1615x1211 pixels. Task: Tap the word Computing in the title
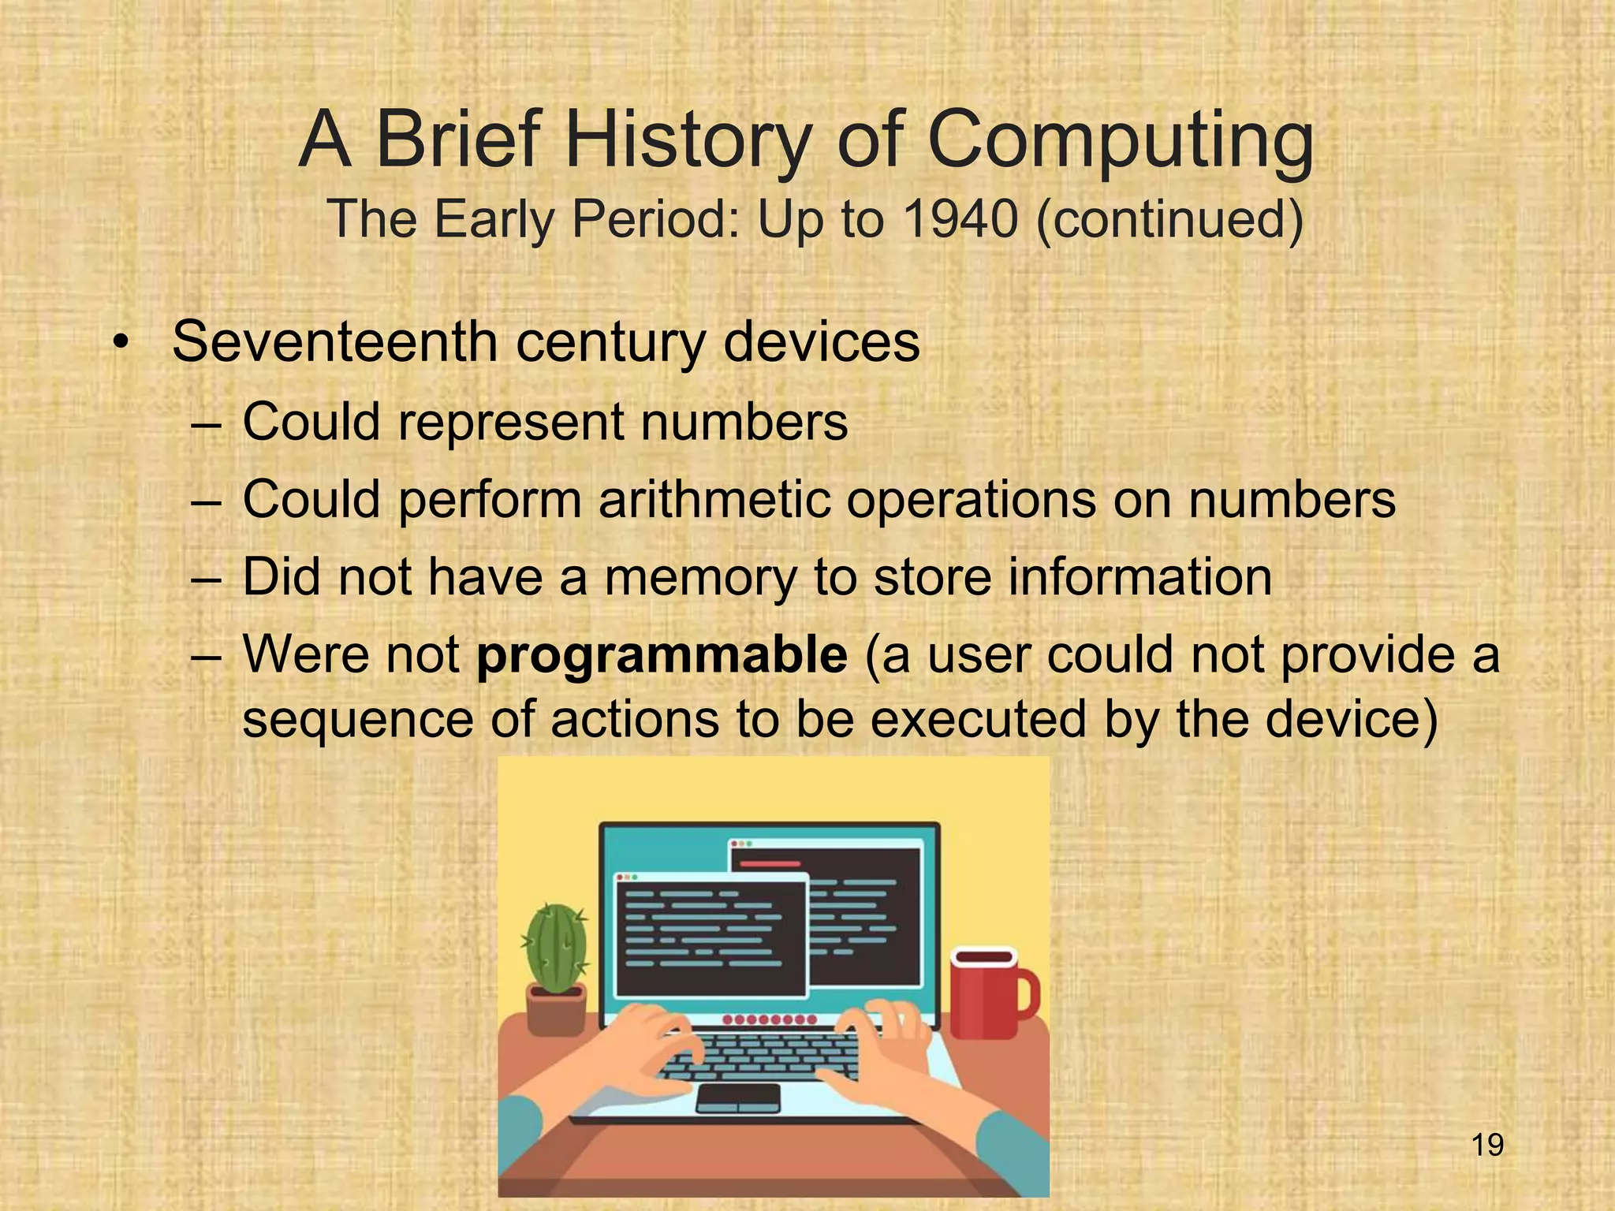(1121, 140)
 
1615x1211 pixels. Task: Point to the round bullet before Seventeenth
(120, 344)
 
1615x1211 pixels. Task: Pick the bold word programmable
(662, 654)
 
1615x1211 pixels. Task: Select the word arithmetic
(714, 499)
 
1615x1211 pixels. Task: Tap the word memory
(700, 577)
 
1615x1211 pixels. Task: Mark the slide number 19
(1487, 1145)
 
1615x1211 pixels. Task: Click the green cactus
(557, 947)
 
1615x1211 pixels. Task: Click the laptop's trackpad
(738, 1097)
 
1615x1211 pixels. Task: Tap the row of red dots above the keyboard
(770, 1020)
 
